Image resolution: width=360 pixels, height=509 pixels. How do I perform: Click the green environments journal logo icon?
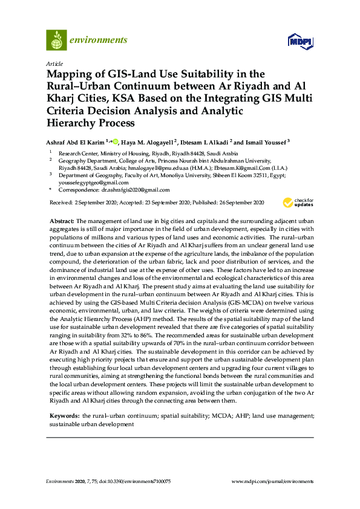pyautogui.click(x=56, y=40)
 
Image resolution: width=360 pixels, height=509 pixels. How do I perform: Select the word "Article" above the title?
pyautogui.click(x=53, y=63)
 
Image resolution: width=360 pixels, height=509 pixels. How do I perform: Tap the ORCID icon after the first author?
pyautogui.click(x=115, y=141)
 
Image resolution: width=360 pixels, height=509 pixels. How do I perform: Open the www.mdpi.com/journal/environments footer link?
pyautogui.click(x=273, y=482)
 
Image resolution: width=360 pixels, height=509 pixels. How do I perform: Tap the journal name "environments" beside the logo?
pyautogui.click(x=98, y=40)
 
